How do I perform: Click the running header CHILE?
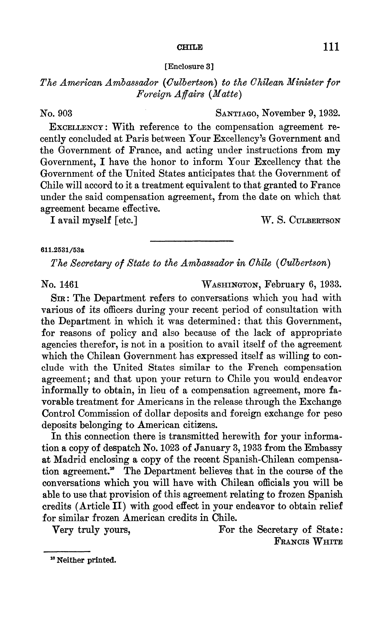click(x=190, y=47)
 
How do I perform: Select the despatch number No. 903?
click(x=56, y=113)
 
